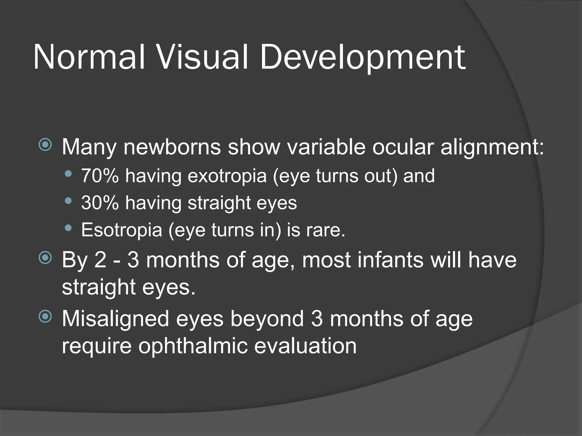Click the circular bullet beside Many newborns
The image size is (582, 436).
(45, 145)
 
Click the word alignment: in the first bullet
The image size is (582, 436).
(492, 148)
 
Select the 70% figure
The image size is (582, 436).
(100, 176)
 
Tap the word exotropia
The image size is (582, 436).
(227, 176)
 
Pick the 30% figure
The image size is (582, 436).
(100, 203)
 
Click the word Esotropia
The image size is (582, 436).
(122, 230)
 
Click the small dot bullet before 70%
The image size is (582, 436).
(68, 174)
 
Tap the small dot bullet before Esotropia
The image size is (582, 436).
(68, 228)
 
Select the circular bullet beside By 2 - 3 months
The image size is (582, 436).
(45, 258)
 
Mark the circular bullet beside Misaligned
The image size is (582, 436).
(45, 316)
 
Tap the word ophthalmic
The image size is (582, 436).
(193, 346)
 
